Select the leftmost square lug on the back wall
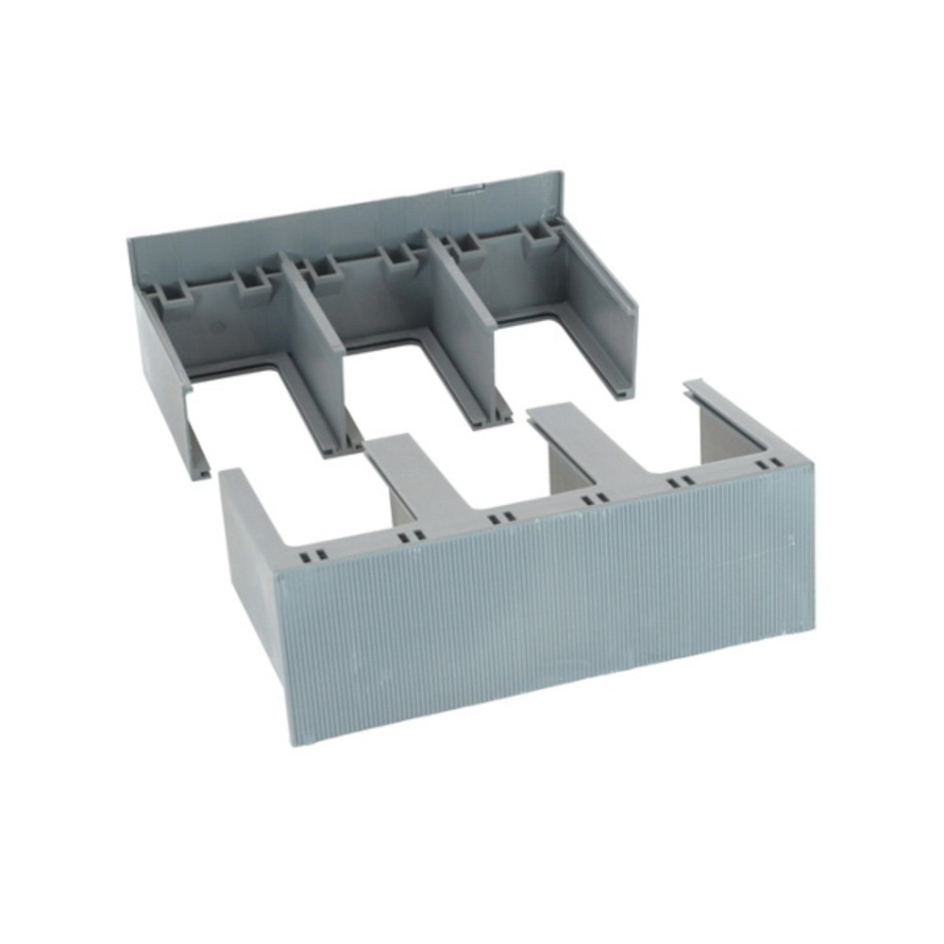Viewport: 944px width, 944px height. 176,292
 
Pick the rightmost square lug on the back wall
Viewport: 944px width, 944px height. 541,235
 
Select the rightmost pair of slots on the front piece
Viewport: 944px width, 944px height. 770,464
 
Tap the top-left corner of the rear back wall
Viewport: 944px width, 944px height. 130,240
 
